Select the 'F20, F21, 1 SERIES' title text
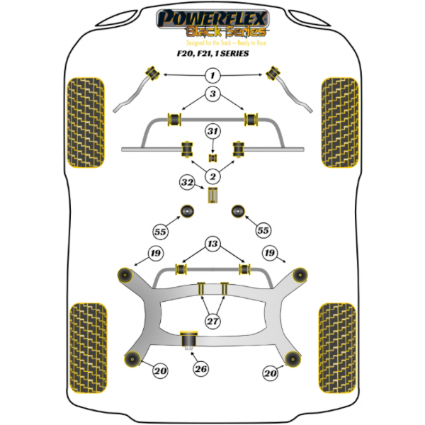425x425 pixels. click(212, 52)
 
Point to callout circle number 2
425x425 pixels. click(212, 176)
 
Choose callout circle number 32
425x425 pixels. click(188, 183)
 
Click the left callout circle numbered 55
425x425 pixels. click(161, 230)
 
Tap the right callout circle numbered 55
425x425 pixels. click(263, 230)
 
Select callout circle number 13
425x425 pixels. click(212, 244)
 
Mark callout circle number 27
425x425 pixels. click(212, 321)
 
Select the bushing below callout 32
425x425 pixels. click(212, 195)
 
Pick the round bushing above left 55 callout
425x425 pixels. click(188, 210)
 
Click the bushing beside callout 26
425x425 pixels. click(189, 341)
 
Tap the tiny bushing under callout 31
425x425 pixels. click(212, 157)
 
